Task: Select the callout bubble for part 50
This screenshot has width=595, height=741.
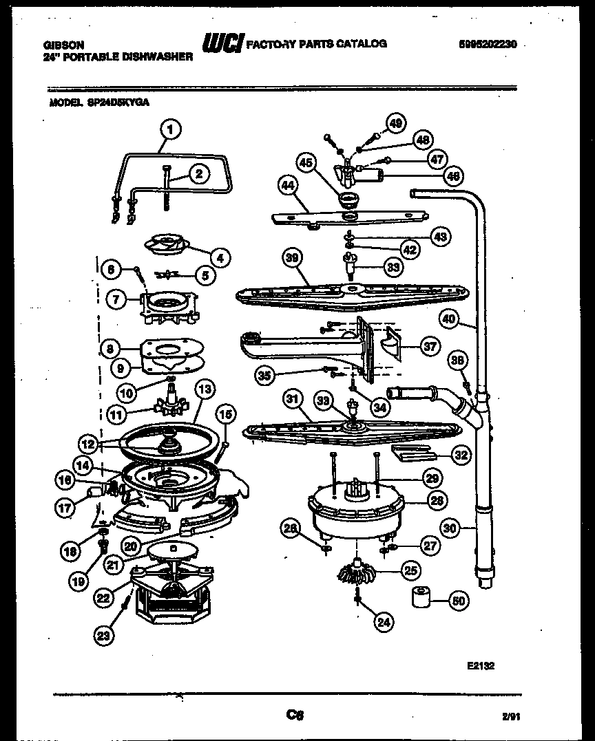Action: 457,600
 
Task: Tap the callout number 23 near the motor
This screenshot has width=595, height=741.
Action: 103,636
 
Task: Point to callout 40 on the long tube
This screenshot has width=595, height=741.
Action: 448,319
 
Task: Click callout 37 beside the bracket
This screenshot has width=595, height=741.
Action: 430,347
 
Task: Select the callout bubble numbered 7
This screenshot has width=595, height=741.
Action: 116,299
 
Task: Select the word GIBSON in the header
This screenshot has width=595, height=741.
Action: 60,44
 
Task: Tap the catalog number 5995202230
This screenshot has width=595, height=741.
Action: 487,45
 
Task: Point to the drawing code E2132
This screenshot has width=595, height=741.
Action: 481,665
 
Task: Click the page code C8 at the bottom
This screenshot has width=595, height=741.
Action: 296,715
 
